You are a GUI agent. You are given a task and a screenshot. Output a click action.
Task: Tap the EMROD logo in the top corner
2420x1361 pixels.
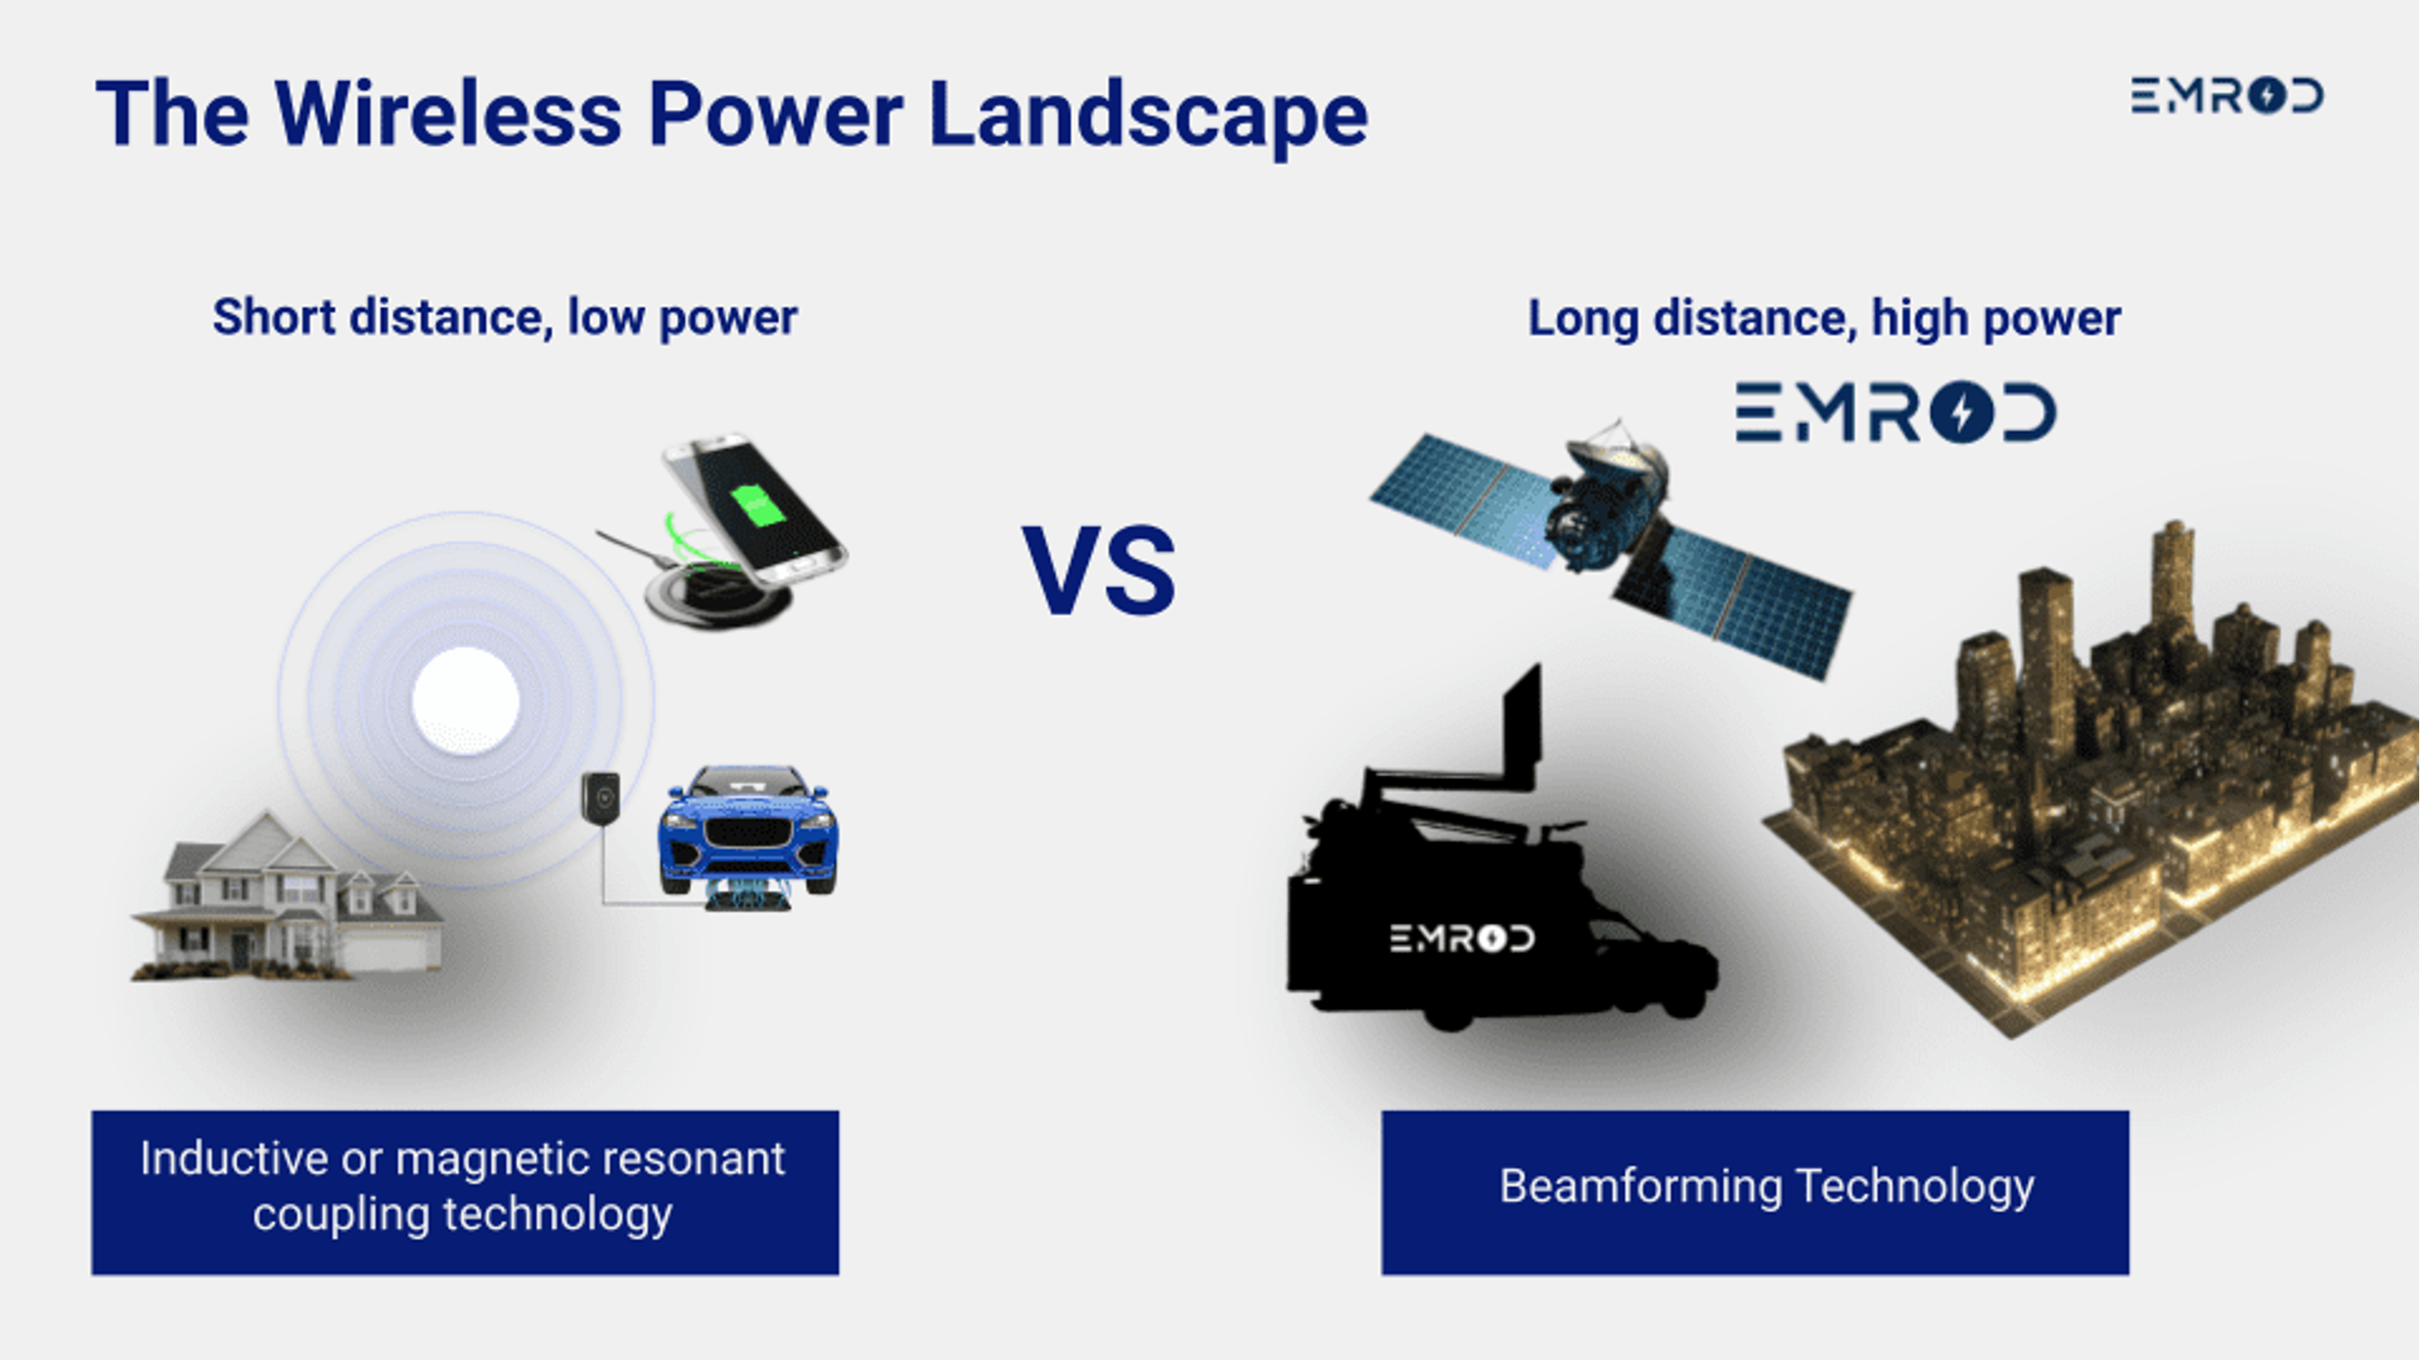(2226, 96)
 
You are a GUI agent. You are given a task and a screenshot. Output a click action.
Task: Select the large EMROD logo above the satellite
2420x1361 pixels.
(1896, 412)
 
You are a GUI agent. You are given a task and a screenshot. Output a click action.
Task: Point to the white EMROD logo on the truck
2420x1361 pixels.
(1462, 937)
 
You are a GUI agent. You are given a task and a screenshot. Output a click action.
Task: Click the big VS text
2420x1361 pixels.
(1100, 570)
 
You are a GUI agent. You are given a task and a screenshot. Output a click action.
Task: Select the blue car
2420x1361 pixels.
(748, 831)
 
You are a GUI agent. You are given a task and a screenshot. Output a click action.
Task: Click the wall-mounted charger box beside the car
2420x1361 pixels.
(600, 799)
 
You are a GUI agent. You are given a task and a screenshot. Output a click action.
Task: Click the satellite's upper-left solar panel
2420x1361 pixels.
(1462, 500)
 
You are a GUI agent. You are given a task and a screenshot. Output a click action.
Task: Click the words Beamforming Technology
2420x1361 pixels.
(1766, 1186)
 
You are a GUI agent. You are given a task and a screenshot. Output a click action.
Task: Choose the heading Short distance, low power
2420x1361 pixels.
(504, 318)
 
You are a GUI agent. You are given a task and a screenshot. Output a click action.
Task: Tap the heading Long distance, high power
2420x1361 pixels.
(1824, 318)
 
